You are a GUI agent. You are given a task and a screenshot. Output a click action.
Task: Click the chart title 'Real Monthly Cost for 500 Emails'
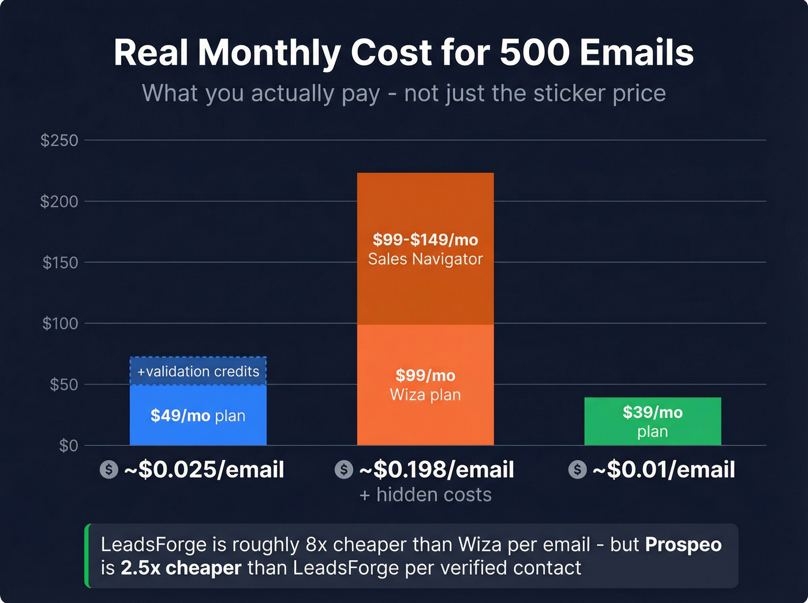(403, 53)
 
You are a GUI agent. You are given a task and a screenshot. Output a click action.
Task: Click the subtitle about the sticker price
(403, 93)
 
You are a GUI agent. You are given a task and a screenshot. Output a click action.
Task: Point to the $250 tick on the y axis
(59, 140)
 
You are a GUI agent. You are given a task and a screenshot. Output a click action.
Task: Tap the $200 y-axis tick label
(59, 201)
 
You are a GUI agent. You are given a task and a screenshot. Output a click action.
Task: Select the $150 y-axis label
(60, 263)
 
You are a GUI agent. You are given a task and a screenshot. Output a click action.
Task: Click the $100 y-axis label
(60, 323)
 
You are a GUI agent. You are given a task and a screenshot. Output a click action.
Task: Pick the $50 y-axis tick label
(63, 384)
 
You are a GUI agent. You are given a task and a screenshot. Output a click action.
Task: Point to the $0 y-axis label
(68, 445)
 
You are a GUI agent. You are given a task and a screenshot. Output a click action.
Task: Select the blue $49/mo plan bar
(198, 416)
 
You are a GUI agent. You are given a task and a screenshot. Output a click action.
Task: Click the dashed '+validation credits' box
(198, 371)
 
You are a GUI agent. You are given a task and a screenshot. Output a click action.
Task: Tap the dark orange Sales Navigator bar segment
(425, 249)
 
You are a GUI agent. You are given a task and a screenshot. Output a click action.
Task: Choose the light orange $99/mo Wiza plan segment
(425, 385)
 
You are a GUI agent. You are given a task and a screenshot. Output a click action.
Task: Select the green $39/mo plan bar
(652, 421)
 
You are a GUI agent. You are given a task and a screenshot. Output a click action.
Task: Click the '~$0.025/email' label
(204, 470)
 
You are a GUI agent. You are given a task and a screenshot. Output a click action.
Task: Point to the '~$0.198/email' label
(436, 470)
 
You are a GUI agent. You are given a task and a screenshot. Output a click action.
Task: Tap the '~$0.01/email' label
(664, 470)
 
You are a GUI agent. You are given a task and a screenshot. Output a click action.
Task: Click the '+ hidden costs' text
(425, 495)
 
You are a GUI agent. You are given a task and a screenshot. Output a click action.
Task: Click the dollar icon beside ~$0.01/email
(577, 470)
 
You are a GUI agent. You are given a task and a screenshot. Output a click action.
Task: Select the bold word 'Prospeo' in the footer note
(683, 545)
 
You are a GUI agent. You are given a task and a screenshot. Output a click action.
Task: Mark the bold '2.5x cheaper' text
(181, 568)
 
